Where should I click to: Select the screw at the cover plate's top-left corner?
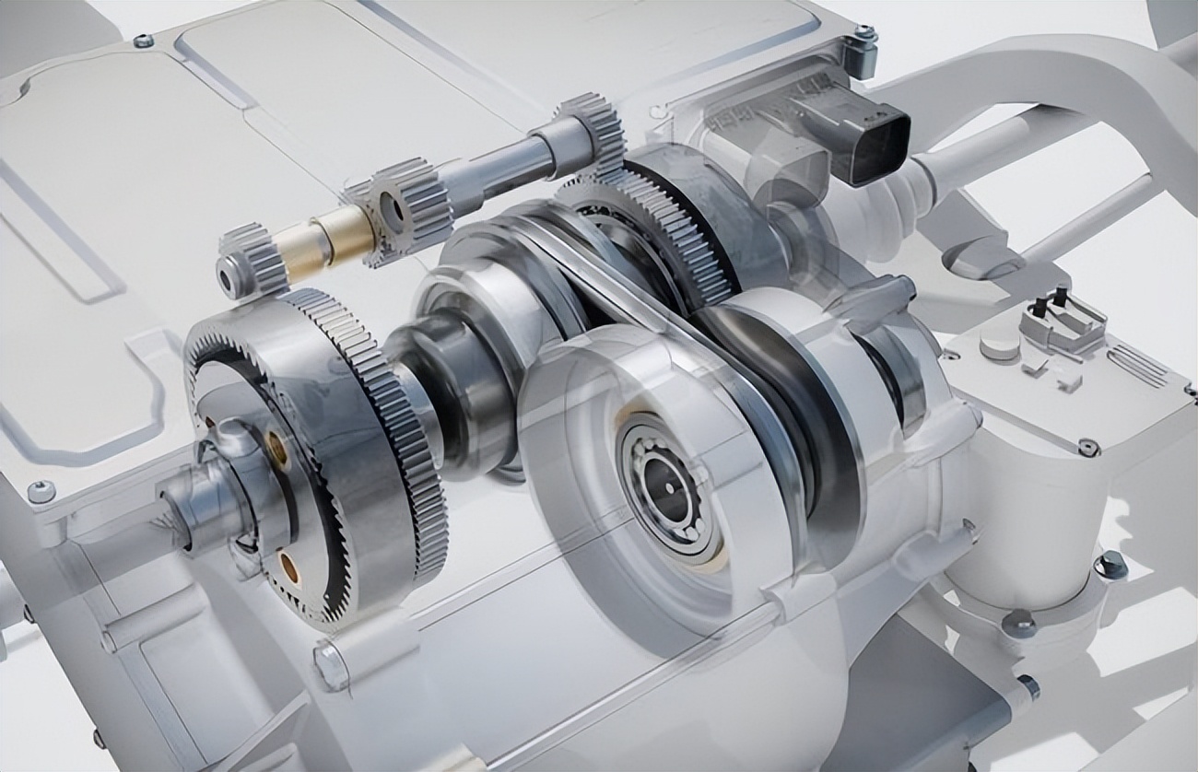click(143, 41)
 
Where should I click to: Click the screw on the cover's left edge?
click(41, 491)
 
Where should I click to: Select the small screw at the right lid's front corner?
click(1088, 447)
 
